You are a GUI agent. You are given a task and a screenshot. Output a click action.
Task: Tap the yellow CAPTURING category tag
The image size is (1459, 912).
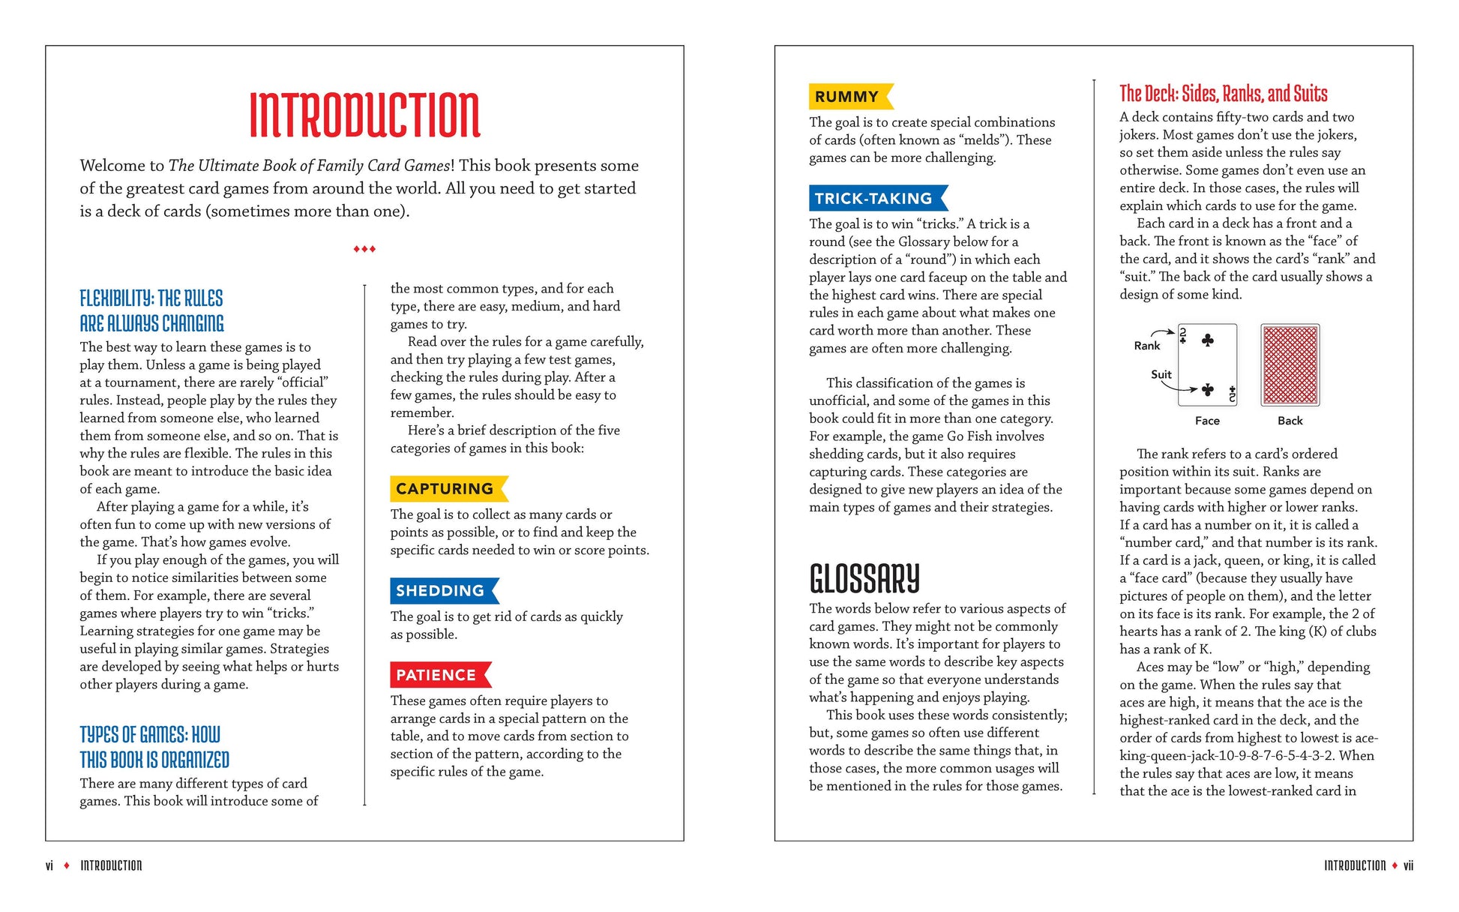coord(446,489)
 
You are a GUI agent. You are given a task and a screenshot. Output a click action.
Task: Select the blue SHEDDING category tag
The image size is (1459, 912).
coord(442,591)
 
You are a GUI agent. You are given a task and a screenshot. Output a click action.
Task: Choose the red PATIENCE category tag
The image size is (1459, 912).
coord(437,675)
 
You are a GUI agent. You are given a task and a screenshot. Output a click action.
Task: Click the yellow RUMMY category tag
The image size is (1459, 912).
coord(848,97)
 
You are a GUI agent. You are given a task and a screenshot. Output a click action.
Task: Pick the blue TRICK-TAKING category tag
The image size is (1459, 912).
coord(875,199)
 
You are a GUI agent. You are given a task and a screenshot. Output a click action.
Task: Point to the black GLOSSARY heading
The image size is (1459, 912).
coord(864,578)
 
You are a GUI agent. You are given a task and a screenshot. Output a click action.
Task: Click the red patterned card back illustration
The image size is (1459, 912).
coord(1290,365)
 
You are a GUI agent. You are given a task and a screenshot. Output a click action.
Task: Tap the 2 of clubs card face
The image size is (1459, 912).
coord(1207,365)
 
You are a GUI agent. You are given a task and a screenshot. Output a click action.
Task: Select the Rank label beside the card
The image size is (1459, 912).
coord(1146,346)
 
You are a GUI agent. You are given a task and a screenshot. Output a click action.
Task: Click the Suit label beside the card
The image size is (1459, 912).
coord(1161,375)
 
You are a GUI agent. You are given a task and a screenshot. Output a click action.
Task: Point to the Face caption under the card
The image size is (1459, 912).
coord(1207,421)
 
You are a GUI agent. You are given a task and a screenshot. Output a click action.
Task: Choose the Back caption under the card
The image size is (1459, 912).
coord(1290,421)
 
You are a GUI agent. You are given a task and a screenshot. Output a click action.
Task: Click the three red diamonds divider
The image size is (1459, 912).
coord(364,249)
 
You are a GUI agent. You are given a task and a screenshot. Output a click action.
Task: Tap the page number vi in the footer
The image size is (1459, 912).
coord(49,865)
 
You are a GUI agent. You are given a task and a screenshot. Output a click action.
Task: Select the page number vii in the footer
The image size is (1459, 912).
coord(1408,865)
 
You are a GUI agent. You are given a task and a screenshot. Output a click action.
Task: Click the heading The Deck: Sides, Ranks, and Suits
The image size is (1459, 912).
coord(1223,94)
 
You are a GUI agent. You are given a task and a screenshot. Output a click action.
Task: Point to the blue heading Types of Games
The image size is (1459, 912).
coord(154,747)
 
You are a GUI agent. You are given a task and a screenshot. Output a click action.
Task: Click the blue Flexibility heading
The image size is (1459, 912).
coord(151,310)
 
